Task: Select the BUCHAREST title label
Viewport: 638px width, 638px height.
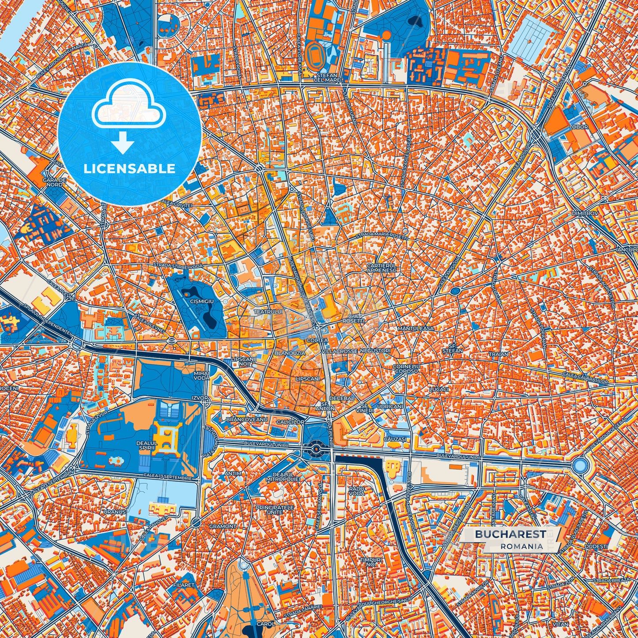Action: coord(510,534)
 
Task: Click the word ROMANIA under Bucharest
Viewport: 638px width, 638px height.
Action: coord(521,546)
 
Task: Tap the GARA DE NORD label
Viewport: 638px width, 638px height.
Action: coord(54,182)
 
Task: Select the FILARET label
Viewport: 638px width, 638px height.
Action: coord(184,585)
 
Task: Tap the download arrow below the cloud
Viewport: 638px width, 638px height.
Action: coord(123,144)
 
